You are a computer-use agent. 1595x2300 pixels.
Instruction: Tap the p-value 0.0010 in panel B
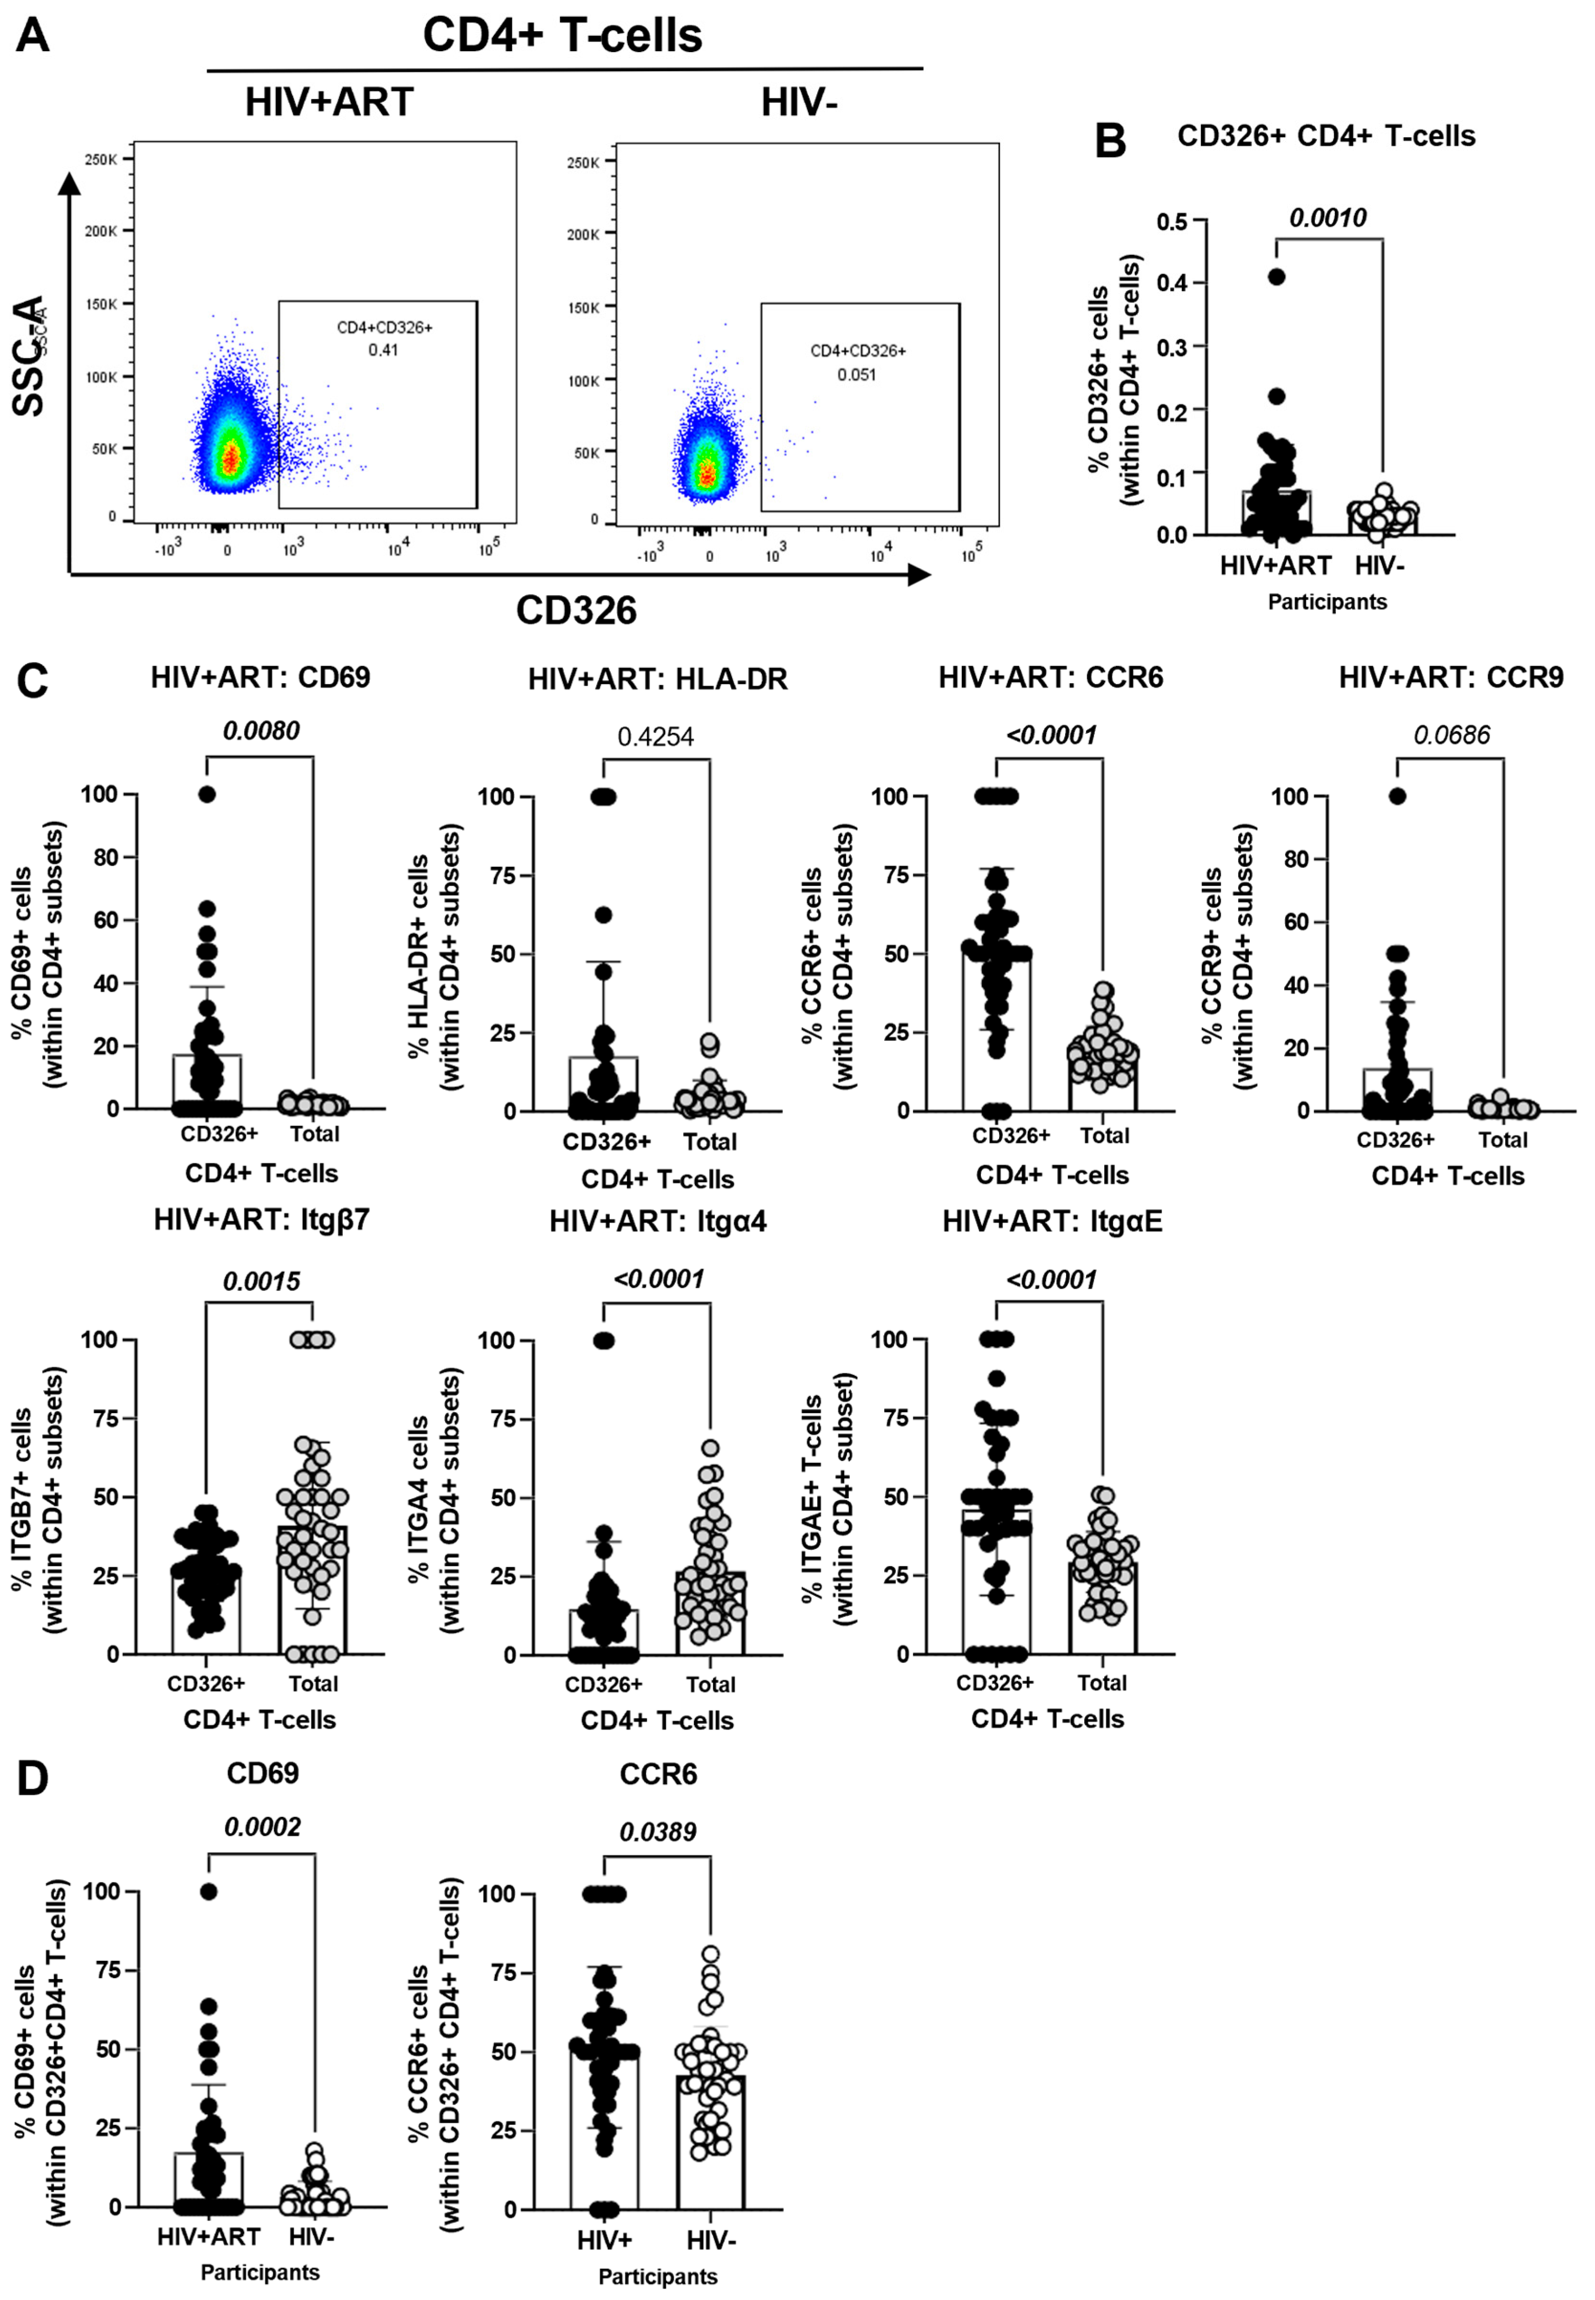[x=1327, y=218]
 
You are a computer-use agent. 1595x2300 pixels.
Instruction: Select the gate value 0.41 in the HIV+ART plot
[x=383, y=350]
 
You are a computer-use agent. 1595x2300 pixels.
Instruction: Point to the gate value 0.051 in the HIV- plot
[x=857, y=375]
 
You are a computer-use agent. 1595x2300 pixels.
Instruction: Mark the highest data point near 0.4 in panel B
[x=1276, y=277]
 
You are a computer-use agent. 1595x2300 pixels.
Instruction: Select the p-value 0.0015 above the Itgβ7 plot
[x=261, y=1282]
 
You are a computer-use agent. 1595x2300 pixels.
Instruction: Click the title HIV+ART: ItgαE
[x=1052, y=1221]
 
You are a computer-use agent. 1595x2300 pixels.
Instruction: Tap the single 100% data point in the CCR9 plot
[x=1397, y=796]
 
